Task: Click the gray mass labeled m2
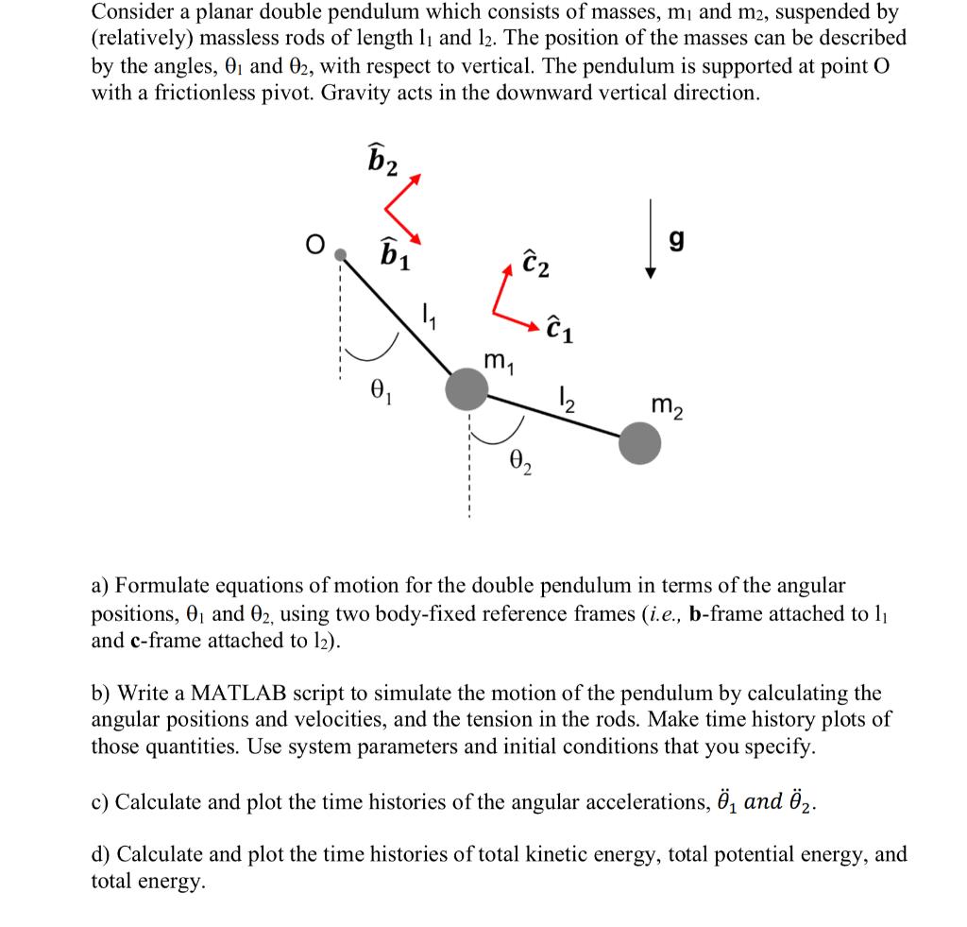pyautogui.click(x=640, y=443)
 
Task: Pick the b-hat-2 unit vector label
pyautogui.click(x=381, y=157)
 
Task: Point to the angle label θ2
pyautogui.click(x=519, y=463)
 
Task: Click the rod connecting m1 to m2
pyautogui.click(x=552, y=416)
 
